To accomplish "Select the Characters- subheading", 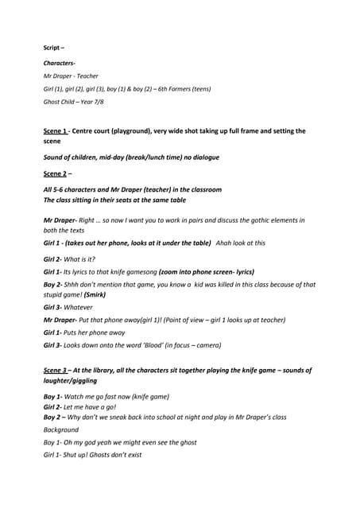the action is click(60, 62).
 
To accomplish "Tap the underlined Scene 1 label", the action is click(57, 130).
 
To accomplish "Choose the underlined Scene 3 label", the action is click(57, 371).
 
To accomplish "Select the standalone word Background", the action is click(61, 429).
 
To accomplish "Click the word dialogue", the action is click(203, 157).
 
